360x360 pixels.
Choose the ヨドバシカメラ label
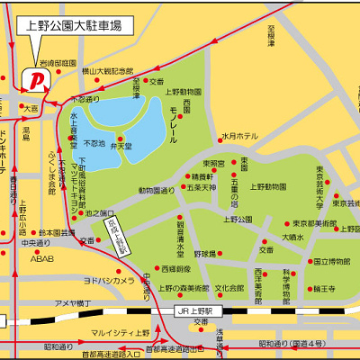point(109,280)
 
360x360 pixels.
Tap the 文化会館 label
point(229,288)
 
